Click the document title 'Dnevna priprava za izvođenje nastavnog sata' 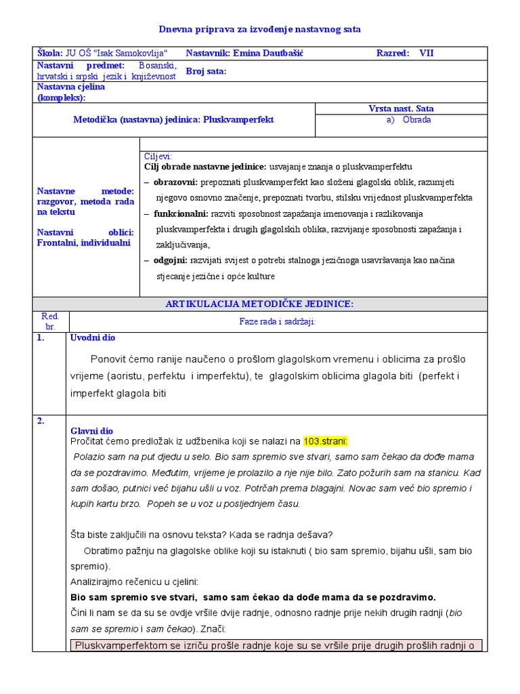coord(260,29)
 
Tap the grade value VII coord(427,53)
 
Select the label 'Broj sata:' coord(206,71)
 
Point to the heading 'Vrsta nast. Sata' coord(401,108)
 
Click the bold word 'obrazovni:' coord(175,182)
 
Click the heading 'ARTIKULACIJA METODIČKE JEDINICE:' coord(259,304)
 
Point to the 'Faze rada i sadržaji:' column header coord(278,322)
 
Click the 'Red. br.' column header coord(51,321)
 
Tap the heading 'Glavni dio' coord(92,431)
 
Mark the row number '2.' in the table coord(41,420)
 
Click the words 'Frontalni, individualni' coord(83,243)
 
